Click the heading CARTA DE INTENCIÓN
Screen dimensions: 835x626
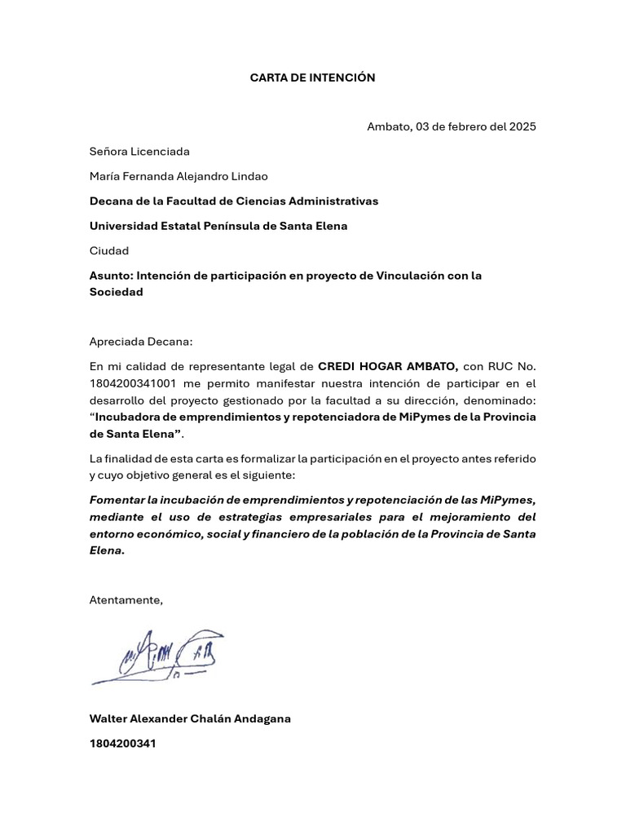(312, 77)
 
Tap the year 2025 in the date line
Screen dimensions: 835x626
(522, 126)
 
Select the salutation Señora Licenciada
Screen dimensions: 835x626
(139, 151)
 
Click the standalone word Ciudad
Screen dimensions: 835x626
(109, 250)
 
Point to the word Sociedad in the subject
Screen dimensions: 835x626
(116, 292)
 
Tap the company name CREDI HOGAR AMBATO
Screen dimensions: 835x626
(388, 367)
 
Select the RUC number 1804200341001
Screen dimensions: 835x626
(133, 383)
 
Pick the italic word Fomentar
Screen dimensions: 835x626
(117, 500)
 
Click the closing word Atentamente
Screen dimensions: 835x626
(126, 600)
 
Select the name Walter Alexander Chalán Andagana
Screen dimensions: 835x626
(190, 718)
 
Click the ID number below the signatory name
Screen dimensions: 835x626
(122, 744)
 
